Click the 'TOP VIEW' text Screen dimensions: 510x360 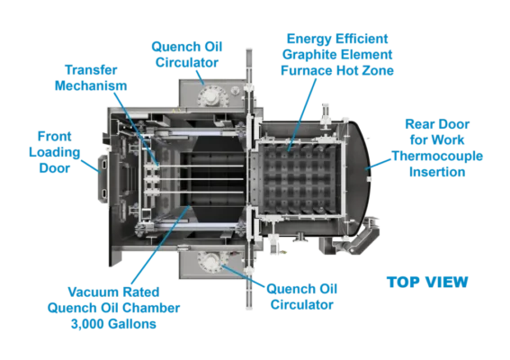pos(427,282)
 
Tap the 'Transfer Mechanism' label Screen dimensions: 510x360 pos(91,77)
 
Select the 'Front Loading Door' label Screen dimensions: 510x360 pos(55,152)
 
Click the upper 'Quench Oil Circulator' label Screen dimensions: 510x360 pos(187,54)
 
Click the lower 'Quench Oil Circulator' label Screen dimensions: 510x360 pos(301,296)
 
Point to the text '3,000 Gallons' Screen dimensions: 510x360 pos(113,324)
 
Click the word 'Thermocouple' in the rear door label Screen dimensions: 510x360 pos(437,156)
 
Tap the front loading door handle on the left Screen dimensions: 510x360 pos(103,179)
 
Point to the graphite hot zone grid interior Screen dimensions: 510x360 pos(300,178)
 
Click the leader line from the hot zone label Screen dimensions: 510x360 pos(302,114)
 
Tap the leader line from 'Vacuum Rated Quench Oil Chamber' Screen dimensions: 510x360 pos(161,245)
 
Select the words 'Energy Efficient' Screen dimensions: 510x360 pos(337,39)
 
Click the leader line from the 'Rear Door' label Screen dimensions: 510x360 pos(378,164)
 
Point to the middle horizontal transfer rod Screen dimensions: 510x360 pos(195,179)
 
